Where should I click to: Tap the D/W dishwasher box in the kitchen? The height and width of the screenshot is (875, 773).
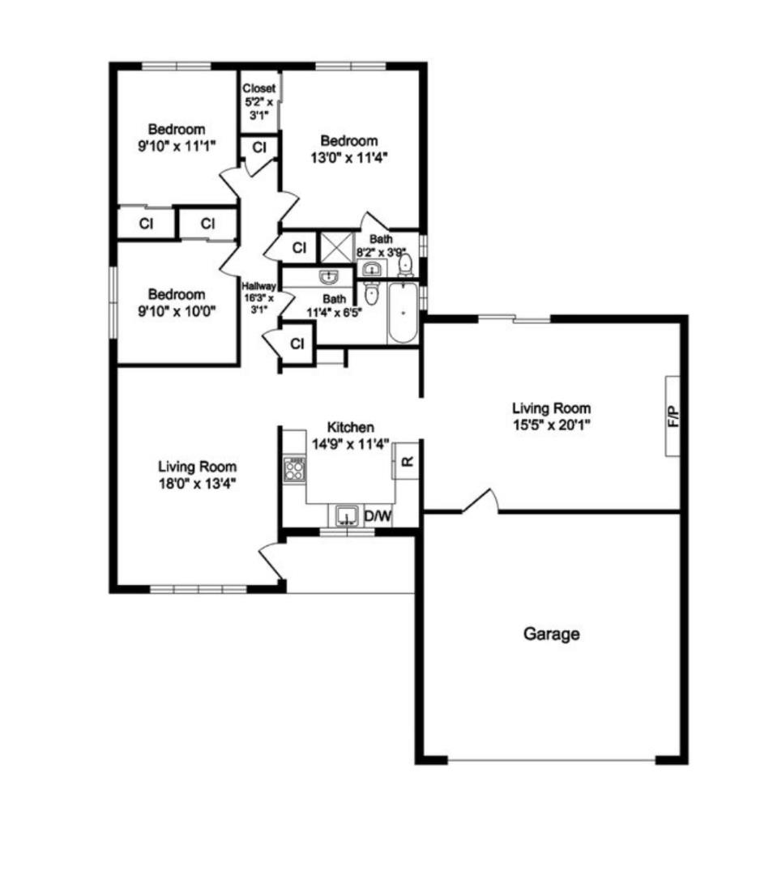pyautogui.click(x=377, y=515)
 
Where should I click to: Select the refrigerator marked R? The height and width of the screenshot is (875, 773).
pyautogui.click(x=407, y=462)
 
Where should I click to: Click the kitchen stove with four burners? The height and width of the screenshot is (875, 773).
pyautogui.click(x=294, y=471)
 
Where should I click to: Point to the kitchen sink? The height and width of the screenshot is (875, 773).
pyautogui.click(x=347, y=515)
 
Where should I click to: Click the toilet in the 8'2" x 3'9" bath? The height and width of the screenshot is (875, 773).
pyautogui.click(x=406, y=263)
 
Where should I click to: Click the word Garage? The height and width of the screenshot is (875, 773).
pyautogui.click(x=551, y=634)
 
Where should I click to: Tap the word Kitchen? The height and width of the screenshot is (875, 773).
pyautogui.click(x=350, y=427)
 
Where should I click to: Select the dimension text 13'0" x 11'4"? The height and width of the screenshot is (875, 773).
pyautogui.click(x=349, y=158)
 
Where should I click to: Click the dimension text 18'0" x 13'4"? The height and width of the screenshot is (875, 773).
pyautogui.click(x=197, y=483)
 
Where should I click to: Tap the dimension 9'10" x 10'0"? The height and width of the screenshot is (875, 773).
pyautogui.click(x=176, y=311)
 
